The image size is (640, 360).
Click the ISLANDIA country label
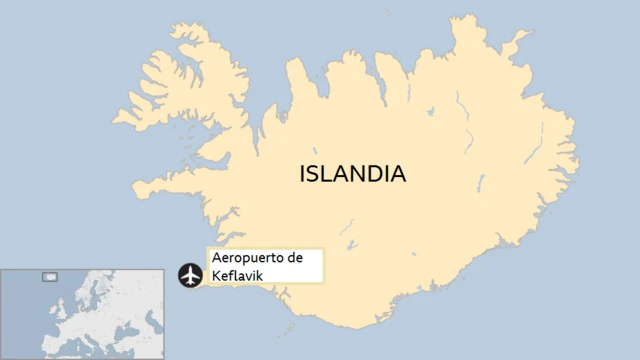(x=352, y=174)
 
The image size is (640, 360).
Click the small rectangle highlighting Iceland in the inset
(x=48, y=276)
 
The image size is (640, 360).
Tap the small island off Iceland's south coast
(x=291, y=327)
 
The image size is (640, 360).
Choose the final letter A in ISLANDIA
(x=398, y=174)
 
